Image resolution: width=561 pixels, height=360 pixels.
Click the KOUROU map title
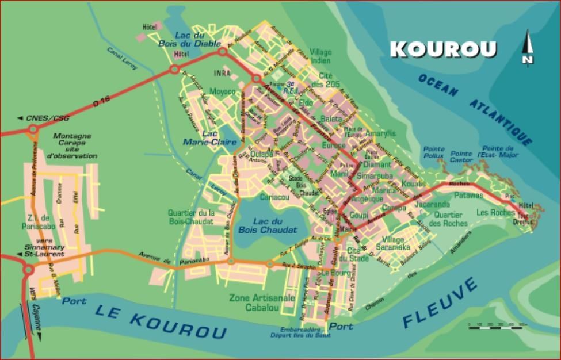443,49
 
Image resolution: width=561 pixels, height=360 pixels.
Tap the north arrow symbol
526,48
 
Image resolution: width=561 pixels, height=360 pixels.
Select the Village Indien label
320,56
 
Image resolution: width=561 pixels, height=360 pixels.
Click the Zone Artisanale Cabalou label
254,303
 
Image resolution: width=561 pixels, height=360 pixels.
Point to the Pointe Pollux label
433,152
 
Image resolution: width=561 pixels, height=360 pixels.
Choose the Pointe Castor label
461,157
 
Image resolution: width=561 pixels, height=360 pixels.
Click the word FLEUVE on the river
440,302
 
